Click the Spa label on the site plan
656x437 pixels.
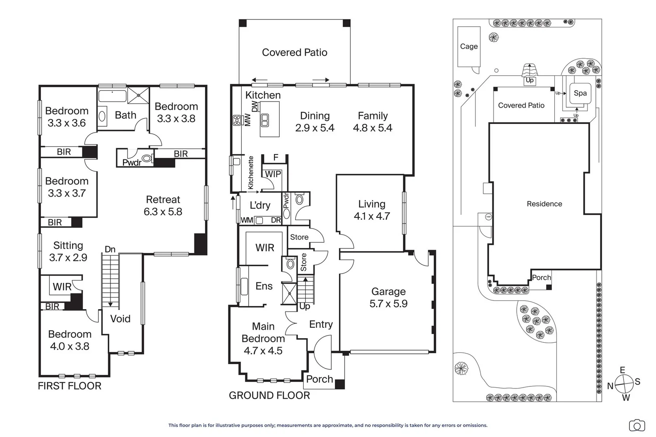580,93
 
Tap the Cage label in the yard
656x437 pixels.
469,46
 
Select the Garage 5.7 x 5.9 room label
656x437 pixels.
388,297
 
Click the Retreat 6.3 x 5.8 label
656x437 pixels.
163,206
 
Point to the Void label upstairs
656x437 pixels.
120,318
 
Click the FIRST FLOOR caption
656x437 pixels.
69,386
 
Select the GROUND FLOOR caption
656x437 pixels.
269,395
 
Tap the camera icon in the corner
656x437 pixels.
637,426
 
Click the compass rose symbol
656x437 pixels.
624,384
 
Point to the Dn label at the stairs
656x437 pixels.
110,249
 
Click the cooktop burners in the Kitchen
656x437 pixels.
236,120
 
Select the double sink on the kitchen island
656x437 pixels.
265,120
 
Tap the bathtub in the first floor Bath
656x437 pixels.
112,96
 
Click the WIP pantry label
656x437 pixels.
273,174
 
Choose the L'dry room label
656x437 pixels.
260,205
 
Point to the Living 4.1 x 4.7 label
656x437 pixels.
372,210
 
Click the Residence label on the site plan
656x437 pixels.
544,204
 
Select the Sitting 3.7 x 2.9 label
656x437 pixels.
68,251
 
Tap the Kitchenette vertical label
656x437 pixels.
251,173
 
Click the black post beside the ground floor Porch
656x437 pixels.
340,384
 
